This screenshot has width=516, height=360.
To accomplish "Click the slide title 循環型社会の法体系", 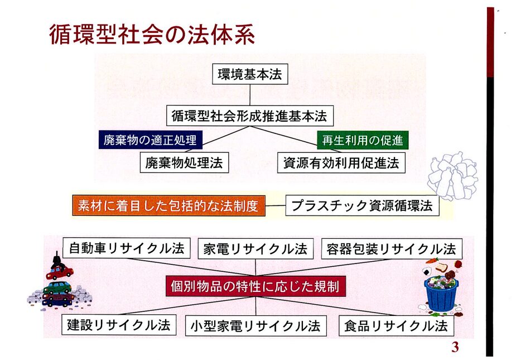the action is [x=152, y=34].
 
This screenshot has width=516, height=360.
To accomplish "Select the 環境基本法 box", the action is [x=250, y=74].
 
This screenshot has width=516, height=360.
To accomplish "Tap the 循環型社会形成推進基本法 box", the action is [x=250, y=116].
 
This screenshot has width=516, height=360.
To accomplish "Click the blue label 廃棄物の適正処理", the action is [x=151, y=140].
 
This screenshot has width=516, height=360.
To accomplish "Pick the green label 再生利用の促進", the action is [x=363, y=140].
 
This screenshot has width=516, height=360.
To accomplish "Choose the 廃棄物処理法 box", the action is [x=184, y=162].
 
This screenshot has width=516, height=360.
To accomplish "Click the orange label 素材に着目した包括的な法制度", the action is [x=169, y=205].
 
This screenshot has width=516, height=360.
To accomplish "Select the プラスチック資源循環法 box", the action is [x=363, y=205].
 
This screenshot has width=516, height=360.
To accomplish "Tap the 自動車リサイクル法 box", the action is [x=127, y=248].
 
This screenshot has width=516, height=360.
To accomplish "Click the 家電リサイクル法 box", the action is [x=255, y=249].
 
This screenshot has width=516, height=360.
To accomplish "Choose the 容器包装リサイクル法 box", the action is [x=392, y=249].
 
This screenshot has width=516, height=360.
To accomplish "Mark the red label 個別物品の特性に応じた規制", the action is [x=255, y=286].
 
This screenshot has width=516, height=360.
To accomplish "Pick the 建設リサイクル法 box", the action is [x=119, y=325].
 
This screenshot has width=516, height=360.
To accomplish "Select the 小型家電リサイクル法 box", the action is [x=255, y=326].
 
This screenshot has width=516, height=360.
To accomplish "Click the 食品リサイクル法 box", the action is [x=396, y=326].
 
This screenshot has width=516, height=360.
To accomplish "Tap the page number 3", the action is [x=455, y=347].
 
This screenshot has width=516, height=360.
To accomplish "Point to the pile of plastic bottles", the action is [x=453, y=176].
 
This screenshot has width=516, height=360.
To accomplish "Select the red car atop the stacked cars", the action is [x=60, y=272].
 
